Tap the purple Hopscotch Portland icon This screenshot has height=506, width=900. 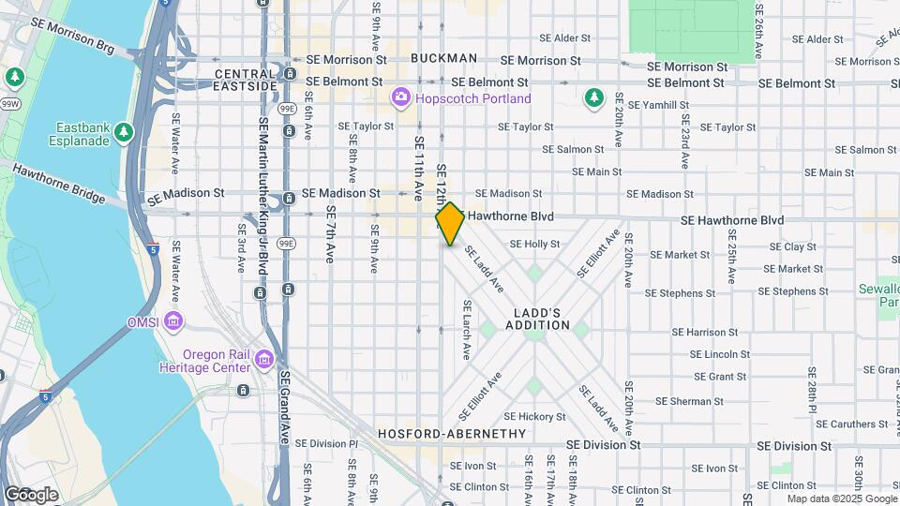[401, 97]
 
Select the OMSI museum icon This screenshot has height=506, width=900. [173, 322]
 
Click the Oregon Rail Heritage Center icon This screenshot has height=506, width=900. [264, 360]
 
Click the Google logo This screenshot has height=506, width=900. [31, 494]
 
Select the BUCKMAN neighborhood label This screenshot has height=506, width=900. [443, 58]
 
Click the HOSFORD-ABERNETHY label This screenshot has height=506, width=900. [452, 434]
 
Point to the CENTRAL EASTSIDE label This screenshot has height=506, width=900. [246, 80]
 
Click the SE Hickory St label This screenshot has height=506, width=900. [534, 416]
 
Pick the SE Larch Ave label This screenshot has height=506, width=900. [466, 329]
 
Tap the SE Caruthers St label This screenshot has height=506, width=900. [839, 424]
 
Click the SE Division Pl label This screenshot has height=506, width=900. [327, 443]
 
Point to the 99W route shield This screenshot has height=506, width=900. [9, 104]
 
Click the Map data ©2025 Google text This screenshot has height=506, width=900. [841, 498]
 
